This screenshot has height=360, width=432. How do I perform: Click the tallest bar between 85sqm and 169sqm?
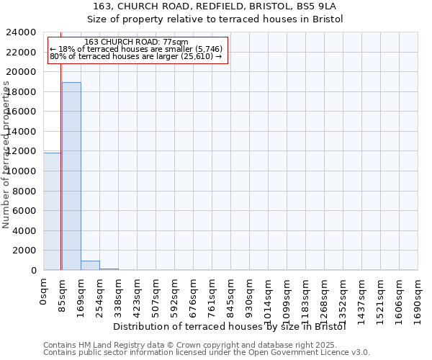point(71,176)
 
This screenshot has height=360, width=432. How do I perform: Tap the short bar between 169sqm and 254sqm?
point(90,265)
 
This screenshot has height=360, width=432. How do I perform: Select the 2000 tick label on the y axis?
point(24,251)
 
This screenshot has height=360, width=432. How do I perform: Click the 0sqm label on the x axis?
point(44,292)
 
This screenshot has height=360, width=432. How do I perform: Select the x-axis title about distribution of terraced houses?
point(230,327)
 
